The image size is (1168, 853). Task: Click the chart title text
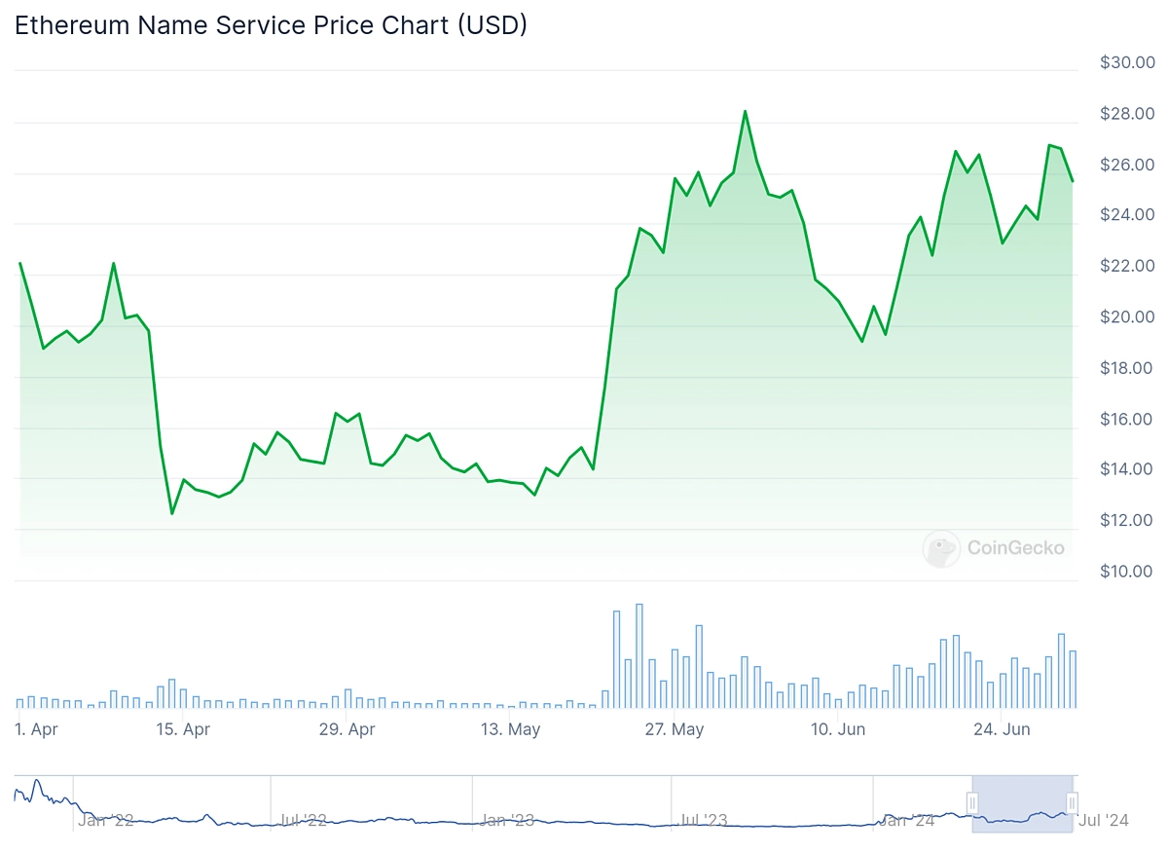271,25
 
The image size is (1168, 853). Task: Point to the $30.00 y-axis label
1127,62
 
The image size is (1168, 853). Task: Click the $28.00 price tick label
1127,114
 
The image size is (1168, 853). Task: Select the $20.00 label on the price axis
1127,317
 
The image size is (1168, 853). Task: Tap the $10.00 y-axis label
1127,572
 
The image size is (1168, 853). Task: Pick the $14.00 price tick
1127,469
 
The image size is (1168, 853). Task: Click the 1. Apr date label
36,729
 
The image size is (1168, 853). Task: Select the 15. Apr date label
183,729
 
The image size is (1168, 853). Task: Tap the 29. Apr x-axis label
347,729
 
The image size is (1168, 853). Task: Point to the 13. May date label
511,729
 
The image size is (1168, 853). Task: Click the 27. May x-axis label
675,729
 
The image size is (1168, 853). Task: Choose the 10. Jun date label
838,729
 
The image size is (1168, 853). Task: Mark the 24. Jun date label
1003,729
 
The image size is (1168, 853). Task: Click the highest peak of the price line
745,111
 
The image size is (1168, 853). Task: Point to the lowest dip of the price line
172,513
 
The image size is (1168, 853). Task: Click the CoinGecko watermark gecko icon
941,548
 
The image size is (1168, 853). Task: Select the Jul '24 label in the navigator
1104,821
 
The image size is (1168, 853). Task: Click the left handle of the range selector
971,802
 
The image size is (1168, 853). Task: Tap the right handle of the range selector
1073,802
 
